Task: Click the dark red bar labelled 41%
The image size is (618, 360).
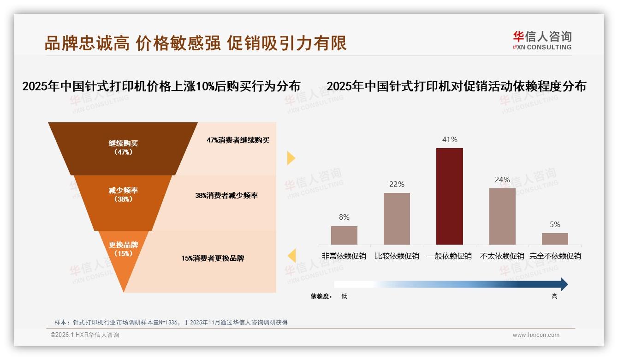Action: [x=449, y=196]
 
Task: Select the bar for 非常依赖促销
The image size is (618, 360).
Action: [x=344, y=235]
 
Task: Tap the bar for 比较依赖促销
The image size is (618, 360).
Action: [x=397, y=218]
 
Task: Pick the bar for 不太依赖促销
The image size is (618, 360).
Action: [x=502, y=216]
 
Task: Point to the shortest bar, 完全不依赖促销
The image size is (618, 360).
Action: [x=555, y=239]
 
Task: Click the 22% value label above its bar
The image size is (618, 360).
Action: [x=397, y=184]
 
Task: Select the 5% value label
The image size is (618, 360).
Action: [x=555, y=224]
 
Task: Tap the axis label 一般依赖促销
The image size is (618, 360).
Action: [x=449, y=256]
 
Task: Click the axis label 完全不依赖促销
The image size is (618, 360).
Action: [x=555, y=256]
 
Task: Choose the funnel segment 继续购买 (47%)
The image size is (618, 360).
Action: [x=123, y=148]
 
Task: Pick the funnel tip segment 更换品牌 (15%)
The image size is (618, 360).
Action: [x=124, y=252]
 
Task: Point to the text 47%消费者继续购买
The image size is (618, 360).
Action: [x=238, y=140]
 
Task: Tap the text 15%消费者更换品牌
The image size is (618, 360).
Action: [x=213, y=258]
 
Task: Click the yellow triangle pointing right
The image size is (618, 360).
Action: [x=291, y=158]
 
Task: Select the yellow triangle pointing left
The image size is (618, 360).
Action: [x=291, y=256]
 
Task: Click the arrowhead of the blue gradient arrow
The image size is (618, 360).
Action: [x=564, y=284]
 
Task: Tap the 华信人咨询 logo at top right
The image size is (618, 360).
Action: [x=542, y=40]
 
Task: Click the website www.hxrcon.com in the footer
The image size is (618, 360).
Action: [x=536, y=335]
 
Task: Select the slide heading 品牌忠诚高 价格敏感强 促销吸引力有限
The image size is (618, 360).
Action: [x=196, y=43]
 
